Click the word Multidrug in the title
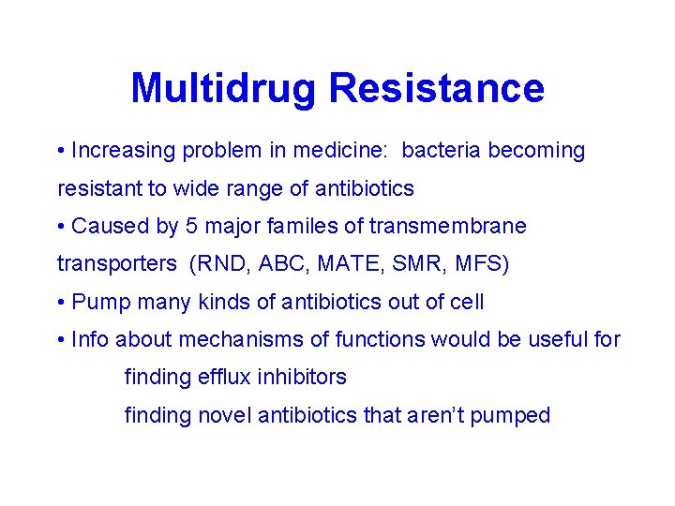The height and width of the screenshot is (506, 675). tap(225, 89)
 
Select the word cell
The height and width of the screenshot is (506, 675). tap(466, 302)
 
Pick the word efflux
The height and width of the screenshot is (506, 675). tap(223, 378)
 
